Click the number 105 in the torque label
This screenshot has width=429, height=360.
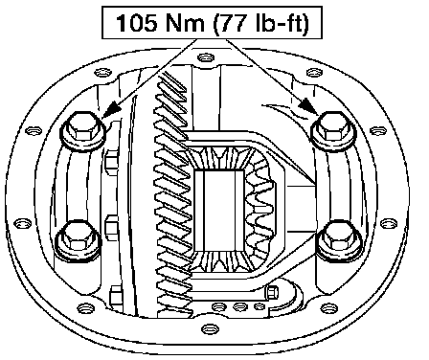coord(136,23)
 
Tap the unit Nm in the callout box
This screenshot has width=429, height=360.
coord(185,23)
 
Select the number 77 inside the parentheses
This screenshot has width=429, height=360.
coord(235,23)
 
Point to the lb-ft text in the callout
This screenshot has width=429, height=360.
coord(280,23)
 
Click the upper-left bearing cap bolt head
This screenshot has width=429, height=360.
coord(83,131)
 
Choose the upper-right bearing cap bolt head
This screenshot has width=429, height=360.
coord(333,131)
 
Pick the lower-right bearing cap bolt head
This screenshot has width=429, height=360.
coord(338,241)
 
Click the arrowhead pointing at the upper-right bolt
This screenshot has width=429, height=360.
coord(309,106)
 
